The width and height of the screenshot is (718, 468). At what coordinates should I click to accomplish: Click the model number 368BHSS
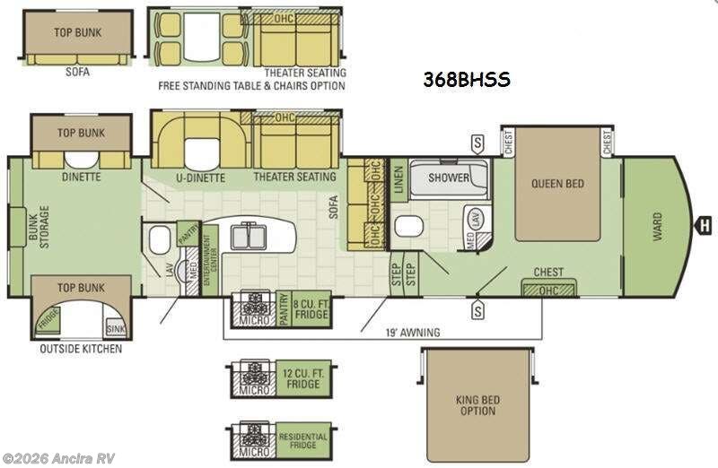[466, 80]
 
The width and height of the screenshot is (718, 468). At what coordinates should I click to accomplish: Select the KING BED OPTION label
[477, 405]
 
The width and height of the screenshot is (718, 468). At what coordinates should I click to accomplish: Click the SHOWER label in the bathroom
[448, 178]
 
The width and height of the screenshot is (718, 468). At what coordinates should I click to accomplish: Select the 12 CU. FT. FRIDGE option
[303, 378]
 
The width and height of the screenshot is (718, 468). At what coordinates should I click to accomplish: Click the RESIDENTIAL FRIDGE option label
[303, 440]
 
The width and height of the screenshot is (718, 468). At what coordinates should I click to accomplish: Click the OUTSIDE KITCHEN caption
[80, 348]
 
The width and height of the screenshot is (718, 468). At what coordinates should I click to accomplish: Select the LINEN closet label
[398, 182]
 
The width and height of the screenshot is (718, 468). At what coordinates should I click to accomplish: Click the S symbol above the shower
[477, 143]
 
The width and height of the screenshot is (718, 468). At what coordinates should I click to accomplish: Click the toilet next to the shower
[408, 225]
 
